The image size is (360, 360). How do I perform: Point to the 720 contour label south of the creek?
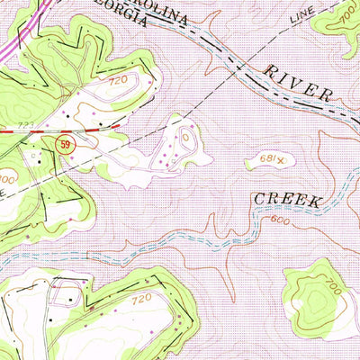[x=139, y=297]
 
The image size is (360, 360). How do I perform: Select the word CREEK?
[x=287, y=200]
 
